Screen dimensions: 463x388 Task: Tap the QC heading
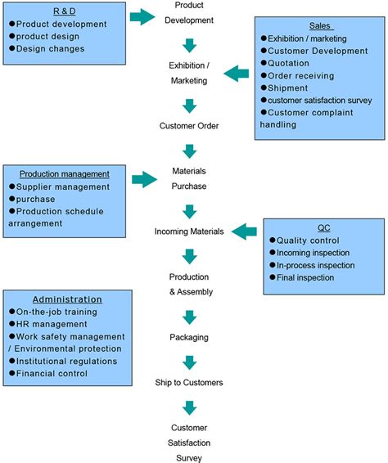pos(324,228)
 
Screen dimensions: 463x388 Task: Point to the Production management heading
pos(64,174)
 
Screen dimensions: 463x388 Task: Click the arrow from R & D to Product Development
pos(142,16)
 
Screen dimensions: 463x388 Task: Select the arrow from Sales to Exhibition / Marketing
pos(237,74)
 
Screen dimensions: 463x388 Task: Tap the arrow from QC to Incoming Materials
pos(245,231)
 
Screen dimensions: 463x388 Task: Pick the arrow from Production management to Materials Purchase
pos(143,178)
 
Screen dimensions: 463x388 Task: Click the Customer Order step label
pos(189,126)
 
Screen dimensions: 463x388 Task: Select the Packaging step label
pos(189,336)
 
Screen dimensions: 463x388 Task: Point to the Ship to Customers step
pos(189,382)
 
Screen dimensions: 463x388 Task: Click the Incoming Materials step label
pos(189,231)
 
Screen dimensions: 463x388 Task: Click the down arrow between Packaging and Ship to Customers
pos(189,361)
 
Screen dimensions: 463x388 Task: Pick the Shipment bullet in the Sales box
pos(291,88)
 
